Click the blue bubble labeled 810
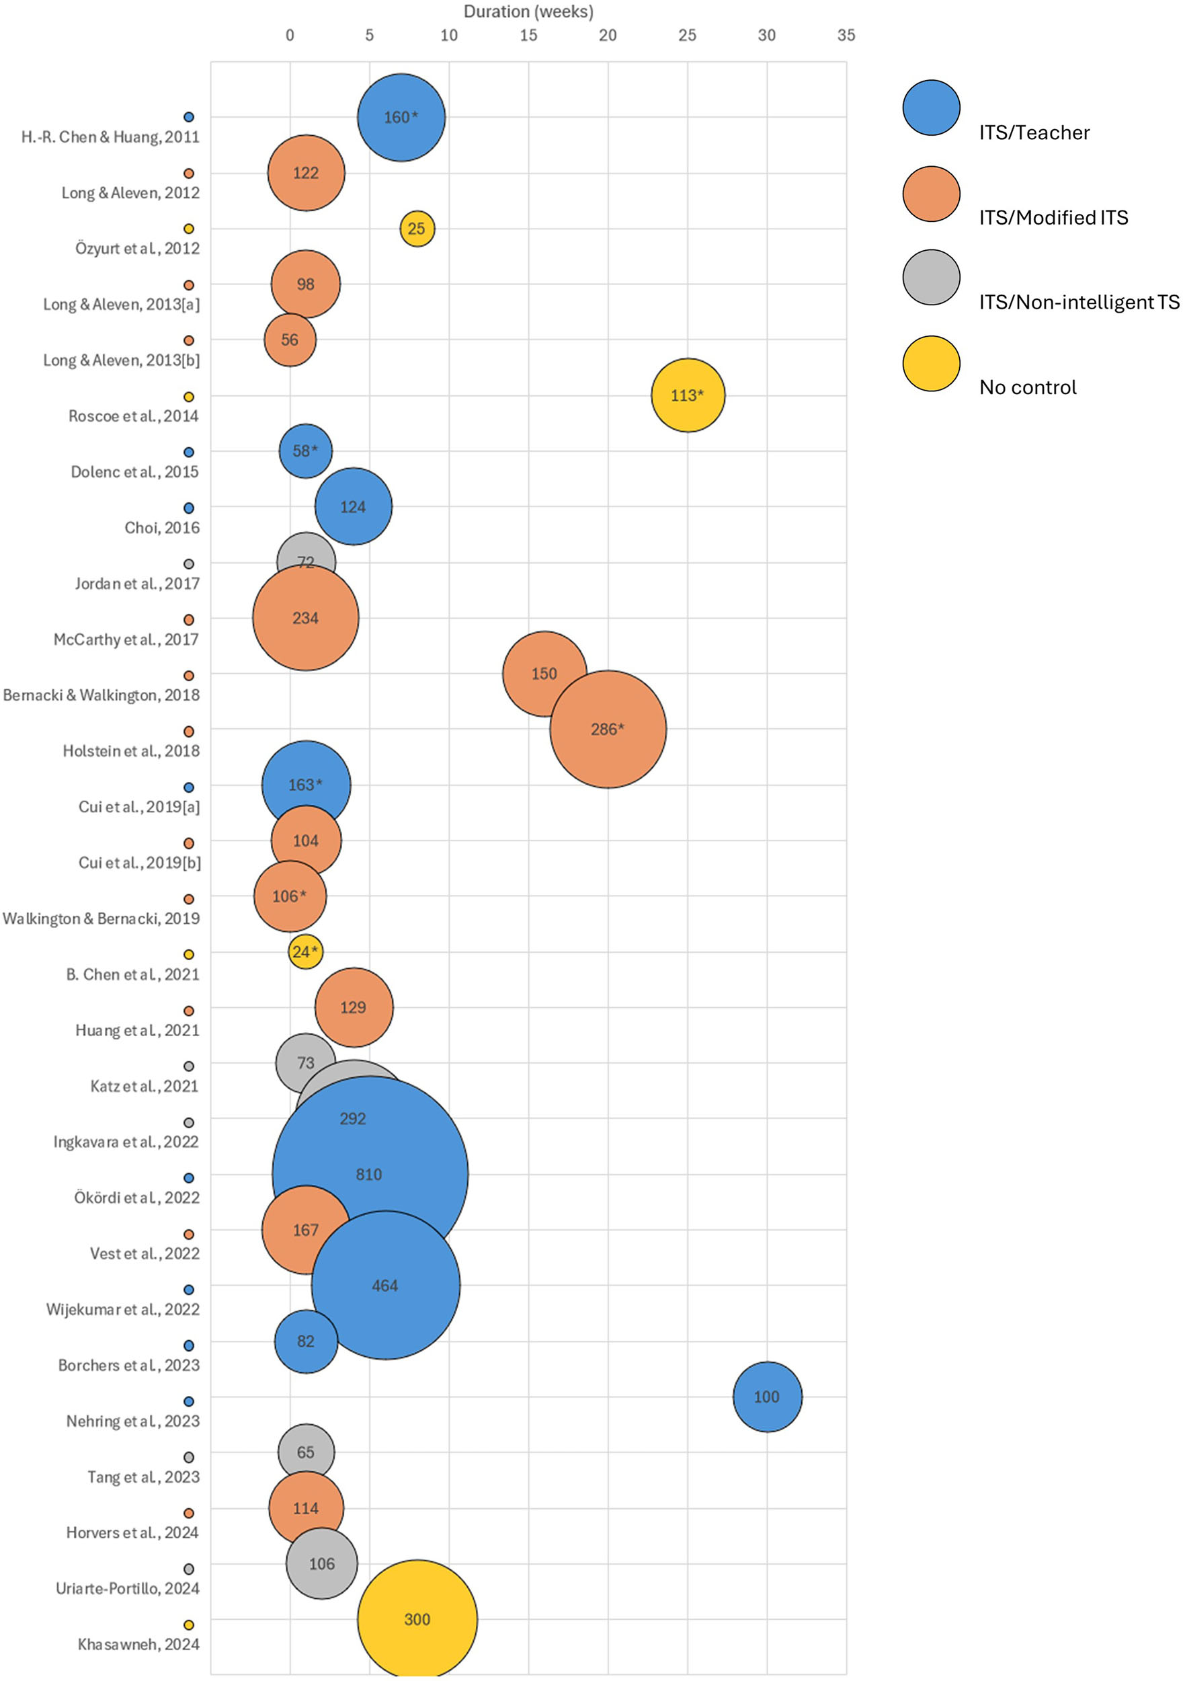click(370, 1175)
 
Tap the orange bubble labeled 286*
click(608, 729)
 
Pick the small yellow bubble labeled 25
click(417, 229)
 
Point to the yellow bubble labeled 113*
click(688, 395)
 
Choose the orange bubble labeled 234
click(306, 618)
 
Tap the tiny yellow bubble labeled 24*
click(305, 952)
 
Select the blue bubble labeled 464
click(386, 1285)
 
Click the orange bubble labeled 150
click(544, 674)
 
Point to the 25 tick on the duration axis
click(688, 35)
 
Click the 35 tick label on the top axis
click(846, 35)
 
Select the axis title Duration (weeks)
click(528, 11)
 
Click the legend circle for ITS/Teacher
click(931, 108)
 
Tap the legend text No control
click(1028, 387)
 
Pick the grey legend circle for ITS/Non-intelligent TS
click(931, 278)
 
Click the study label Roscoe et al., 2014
click(133, 416)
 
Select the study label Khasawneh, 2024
click(138, 1645)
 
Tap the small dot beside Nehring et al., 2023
click(189, 1401)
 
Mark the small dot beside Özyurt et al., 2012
click(189, 229)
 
